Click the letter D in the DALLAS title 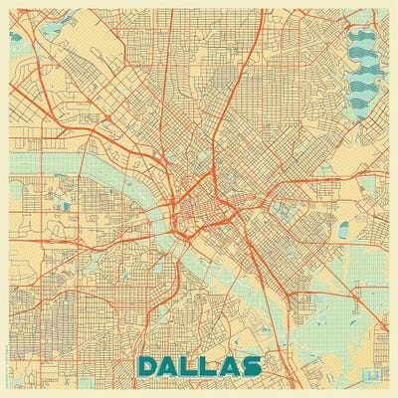[x=148, y=365]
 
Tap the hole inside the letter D [x=149, y=365]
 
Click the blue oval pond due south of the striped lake [x=343, y=230]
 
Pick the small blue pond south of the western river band [x=67, y=206]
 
